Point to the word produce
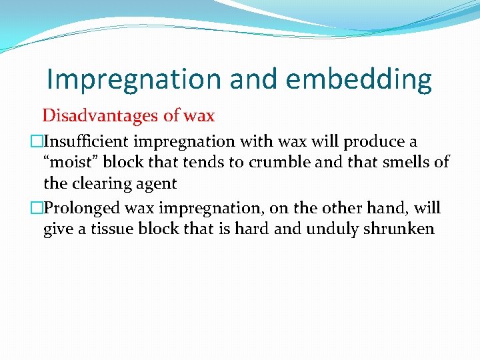[x=373, y=141]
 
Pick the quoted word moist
[x=69, y=162]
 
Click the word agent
[x=155, y=183]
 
